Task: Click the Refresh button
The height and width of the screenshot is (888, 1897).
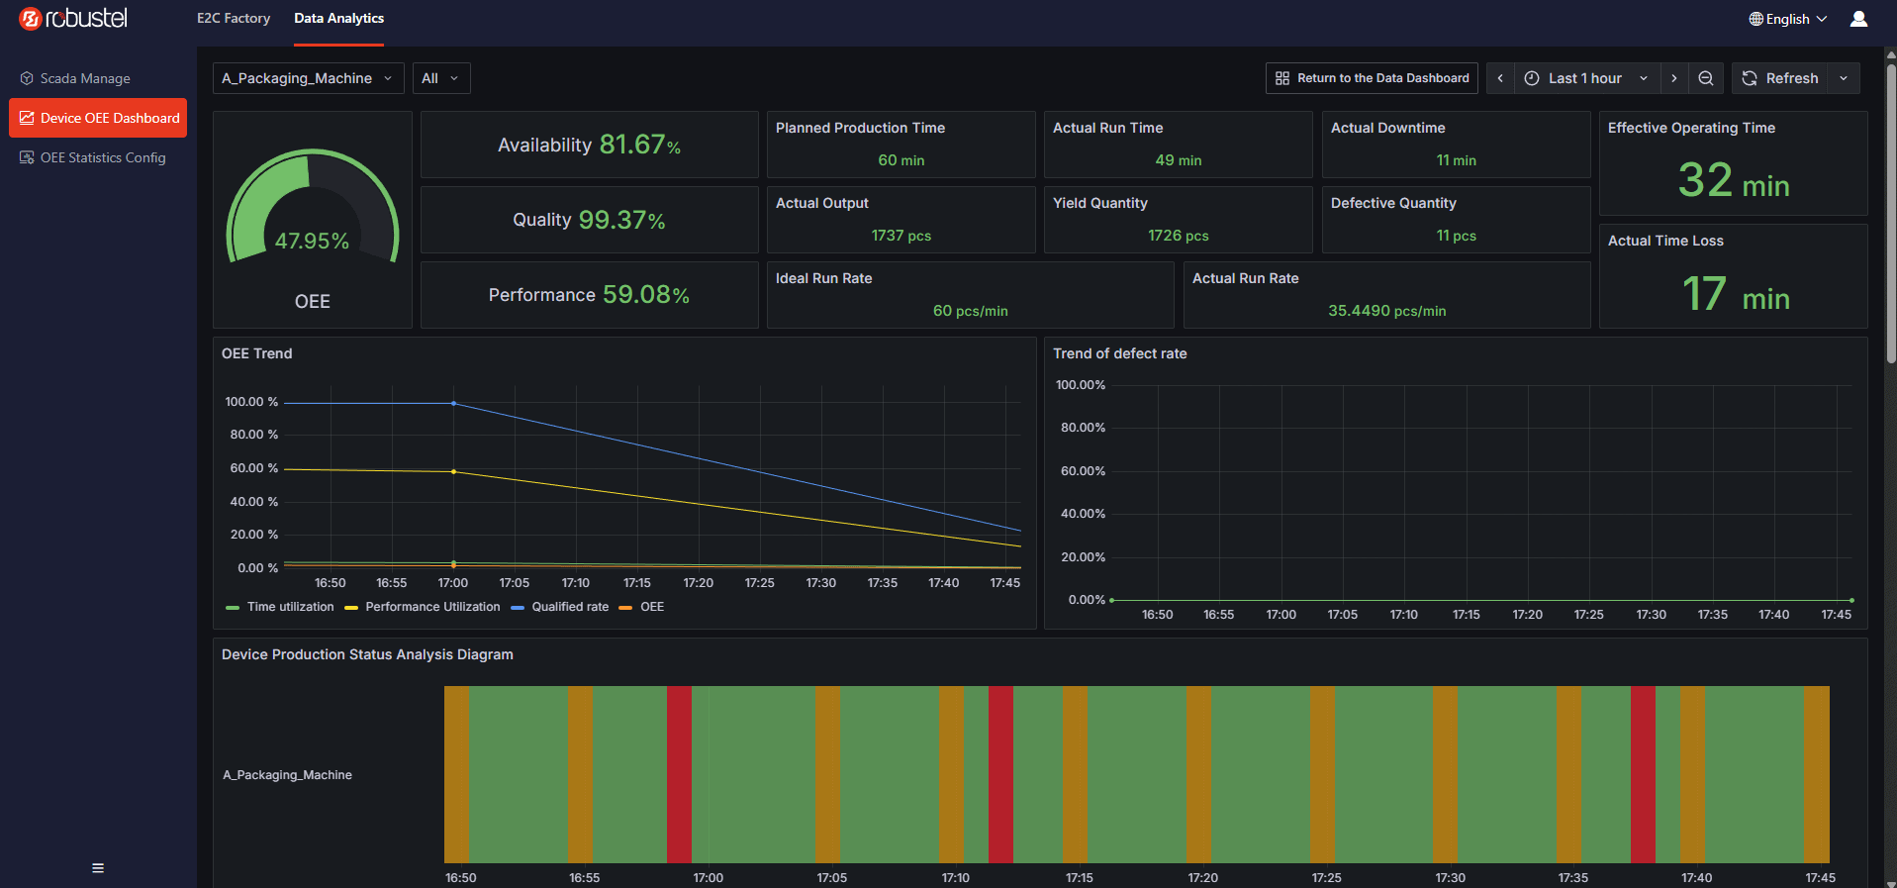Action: (x=1779, y=78)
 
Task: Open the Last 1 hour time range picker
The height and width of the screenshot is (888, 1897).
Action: (x=1585, y=78)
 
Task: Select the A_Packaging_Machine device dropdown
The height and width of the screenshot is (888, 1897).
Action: (x=308, y=78)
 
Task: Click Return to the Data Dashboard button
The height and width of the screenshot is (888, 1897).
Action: (x=1372, y=78)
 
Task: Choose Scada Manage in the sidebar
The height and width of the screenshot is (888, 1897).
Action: (x=75, y=78)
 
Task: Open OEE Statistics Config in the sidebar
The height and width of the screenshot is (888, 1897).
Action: (x=93, y=157)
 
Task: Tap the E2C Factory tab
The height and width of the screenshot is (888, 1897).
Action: (x=234, y=18)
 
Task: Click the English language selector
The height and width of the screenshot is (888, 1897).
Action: (x=1788, y=19)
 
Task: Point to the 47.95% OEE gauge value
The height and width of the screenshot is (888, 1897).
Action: (x=312, y=241)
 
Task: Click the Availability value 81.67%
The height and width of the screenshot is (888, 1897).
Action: (x=639, y=145)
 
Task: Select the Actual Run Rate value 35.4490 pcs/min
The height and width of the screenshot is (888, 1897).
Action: (x=1386, y=311)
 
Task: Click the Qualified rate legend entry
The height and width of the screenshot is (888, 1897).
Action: (x=560, y=607)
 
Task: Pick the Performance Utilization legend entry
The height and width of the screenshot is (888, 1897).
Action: (x=423, y=607)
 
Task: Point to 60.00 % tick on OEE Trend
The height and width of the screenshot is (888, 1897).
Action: (x=254, y=468)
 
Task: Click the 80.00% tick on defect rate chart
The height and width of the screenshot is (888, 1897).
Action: (x=1083, y=428)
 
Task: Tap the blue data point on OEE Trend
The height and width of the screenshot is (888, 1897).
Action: (x=454, y=403)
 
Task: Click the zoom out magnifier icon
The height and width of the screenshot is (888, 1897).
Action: (x=1706, y=78)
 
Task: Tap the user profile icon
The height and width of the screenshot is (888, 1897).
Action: (x=1858, y=19)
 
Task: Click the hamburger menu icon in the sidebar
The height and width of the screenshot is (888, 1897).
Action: (x=98, y=868)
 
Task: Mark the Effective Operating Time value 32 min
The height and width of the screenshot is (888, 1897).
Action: (x=1734, y=181)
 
